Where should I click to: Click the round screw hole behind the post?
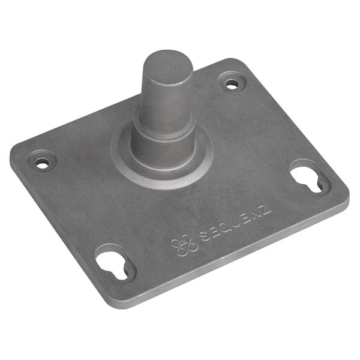(x=231, y=85)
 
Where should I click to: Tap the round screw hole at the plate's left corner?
(x=42, y=164)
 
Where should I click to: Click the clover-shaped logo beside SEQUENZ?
(x=184, y=245)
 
